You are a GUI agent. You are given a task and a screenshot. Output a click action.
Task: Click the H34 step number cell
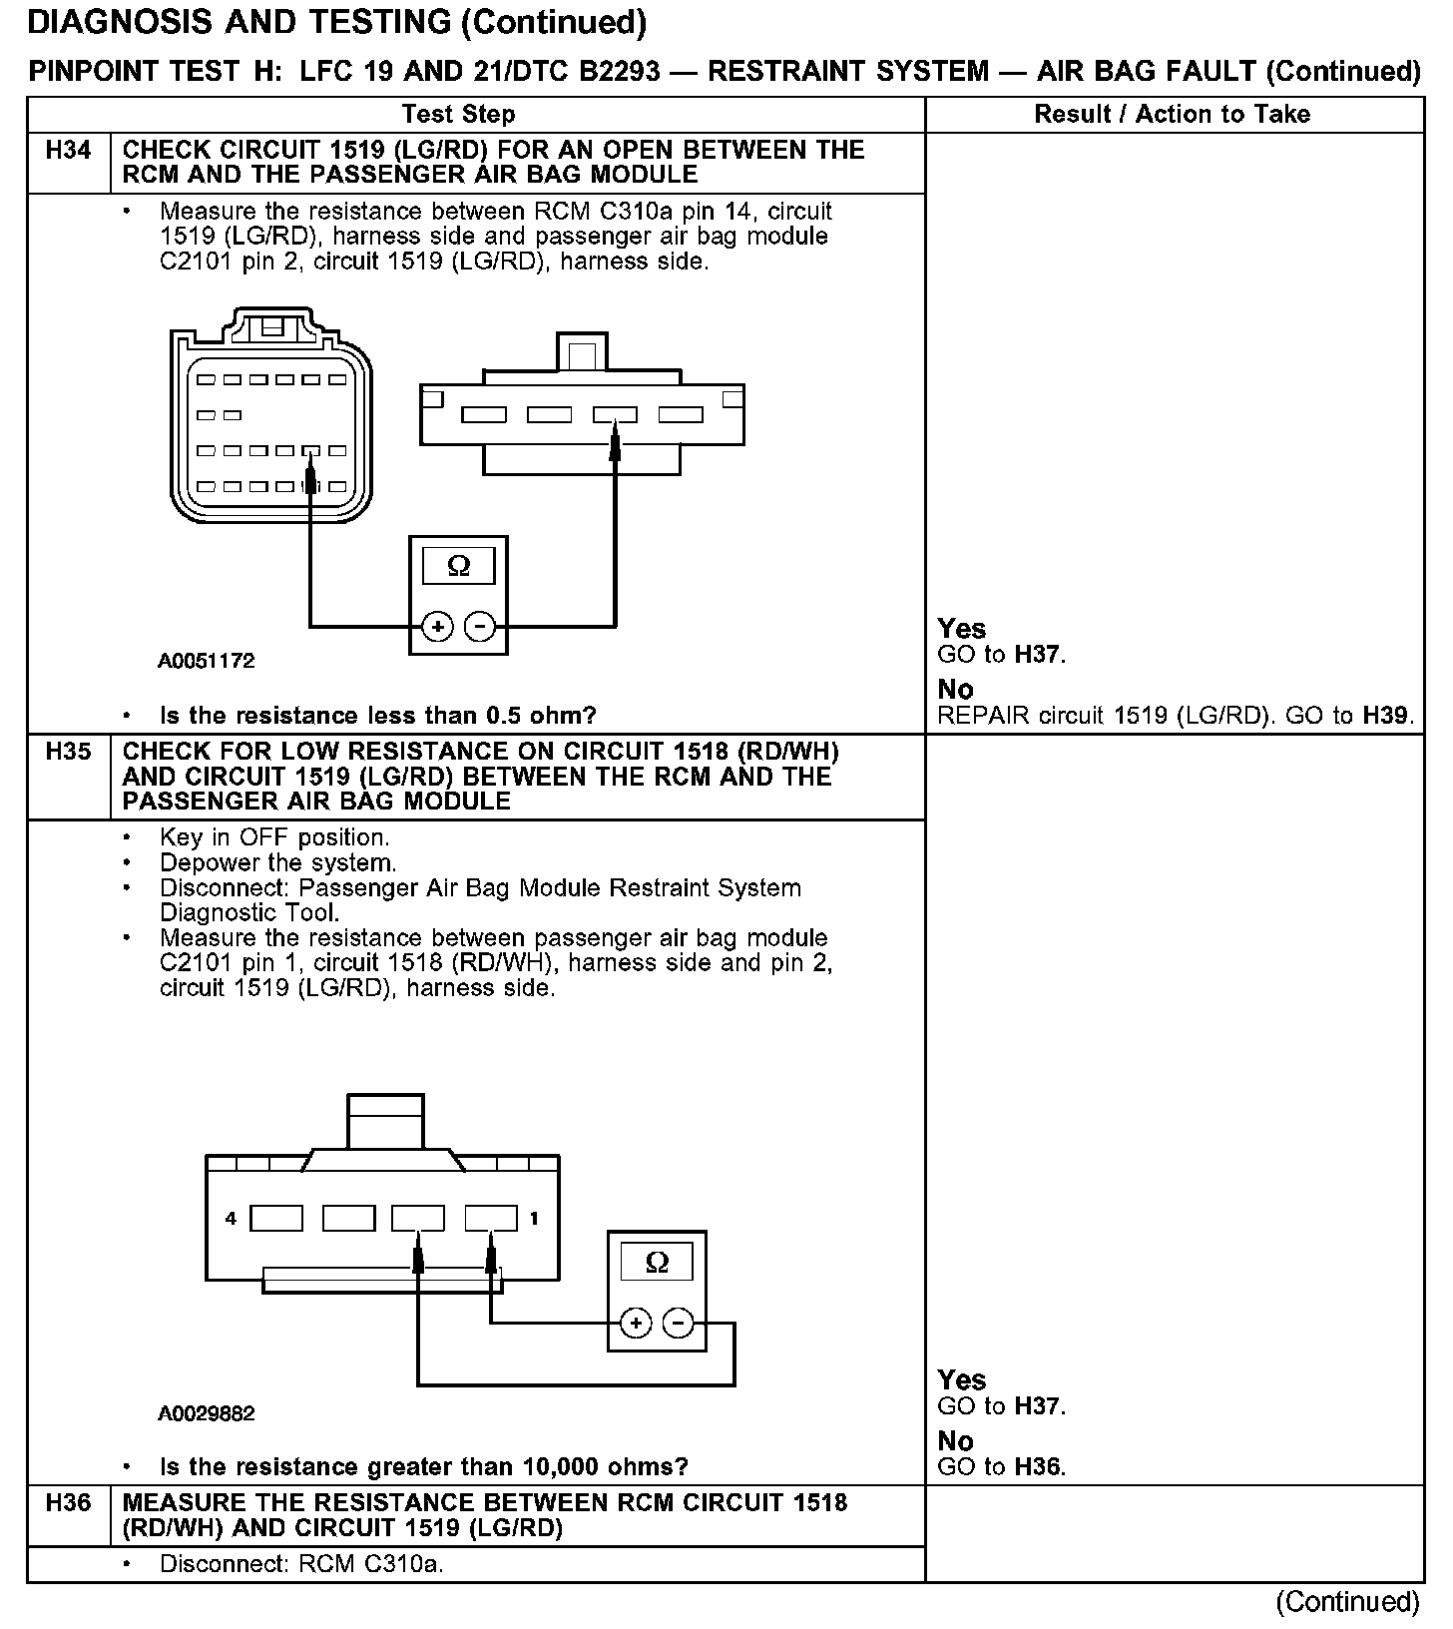coord(69,151)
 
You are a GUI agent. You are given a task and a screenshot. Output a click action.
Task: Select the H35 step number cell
coord(69,752)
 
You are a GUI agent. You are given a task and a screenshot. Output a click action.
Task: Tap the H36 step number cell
coord(69,1503)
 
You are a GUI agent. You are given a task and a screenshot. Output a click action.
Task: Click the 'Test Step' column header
coord(459,114)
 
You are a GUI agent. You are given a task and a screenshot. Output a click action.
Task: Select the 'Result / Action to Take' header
coord(1172,114)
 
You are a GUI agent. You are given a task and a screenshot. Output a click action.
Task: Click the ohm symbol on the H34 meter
coord(458,566)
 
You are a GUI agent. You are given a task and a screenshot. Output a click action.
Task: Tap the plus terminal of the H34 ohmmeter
coord(437,627)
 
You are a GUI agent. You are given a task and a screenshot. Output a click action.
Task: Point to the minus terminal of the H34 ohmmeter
coord(480,627)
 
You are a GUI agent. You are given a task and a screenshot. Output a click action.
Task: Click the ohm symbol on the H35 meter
coord(657,1262)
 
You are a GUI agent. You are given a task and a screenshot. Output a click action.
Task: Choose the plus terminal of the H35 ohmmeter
coord(636,1324)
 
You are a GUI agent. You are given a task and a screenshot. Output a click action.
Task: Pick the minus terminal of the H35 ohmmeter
coord(679,1324)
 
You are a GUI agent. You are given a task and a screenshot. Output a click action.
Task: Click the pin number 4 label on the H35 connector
coord(231,1218)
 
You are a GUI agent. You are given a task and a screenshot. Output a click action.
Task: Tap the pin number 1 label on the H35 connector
coord(535,1218)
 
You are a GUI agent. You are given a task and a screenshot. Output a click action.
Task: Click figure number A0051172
coord(207,661)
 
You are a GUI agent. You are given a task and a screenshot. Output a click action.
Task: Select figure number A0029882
coord(207,1413)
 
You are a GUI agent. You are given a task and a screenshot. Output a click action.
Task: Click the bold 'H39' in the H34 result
coord(1388,716)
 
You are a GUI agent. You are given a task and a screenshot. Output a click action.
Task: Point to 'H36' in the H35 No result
coord(1038,1467)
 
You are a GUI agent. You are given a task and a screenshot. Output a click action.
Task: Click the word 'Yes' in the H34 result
coord(962,629)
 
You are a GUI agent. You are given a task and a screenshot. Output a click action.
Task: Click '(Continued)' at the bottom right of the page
coord(1347,1601)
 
